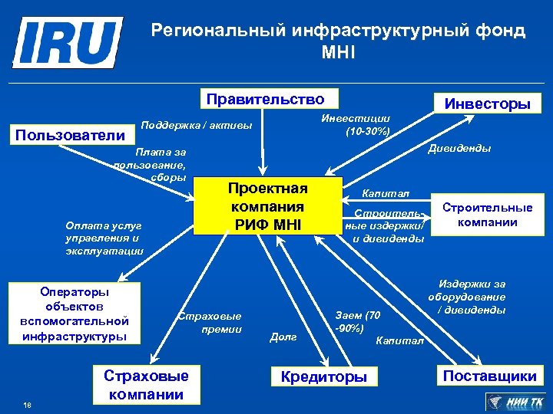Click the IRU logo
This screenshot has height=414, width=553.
(x=67, y=43)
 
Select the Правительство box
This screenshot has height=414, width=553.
(x=265, y=99)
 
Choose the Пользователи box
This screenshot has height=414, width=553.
(x=70, y=136)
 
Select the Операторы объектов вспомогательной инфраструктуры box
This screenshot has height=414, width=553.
(x=75, y=314)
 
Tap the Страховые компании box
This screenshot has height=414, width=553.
(x=146, y=385)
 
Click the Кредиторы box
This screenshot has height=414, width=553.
(x=324, y=376)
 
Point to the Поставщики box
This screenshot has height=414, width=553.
(x=488, y=375)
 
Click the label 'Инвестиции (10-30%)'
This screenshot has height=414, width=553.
(x=355, y=124)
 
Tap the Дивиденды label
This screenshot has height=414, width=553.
(x=460, y=148)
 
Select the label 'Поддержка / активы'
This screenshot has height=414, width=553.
(x=197, y=125)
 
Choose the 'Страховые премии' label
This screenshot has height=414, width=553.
(x=209, y=322)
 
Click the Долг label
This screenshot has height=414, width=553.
(x=283, y=337)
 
